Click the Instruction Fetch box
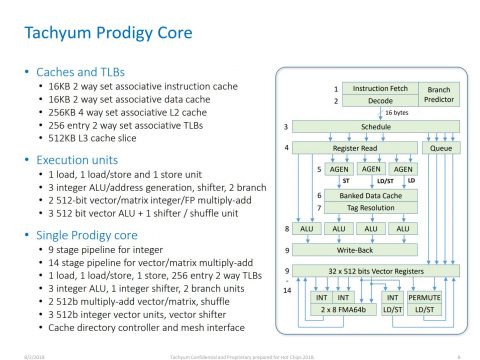pyautogui.click(x=378, y=89)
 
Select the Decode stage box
pyautogui.click(x=378, y=101)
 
